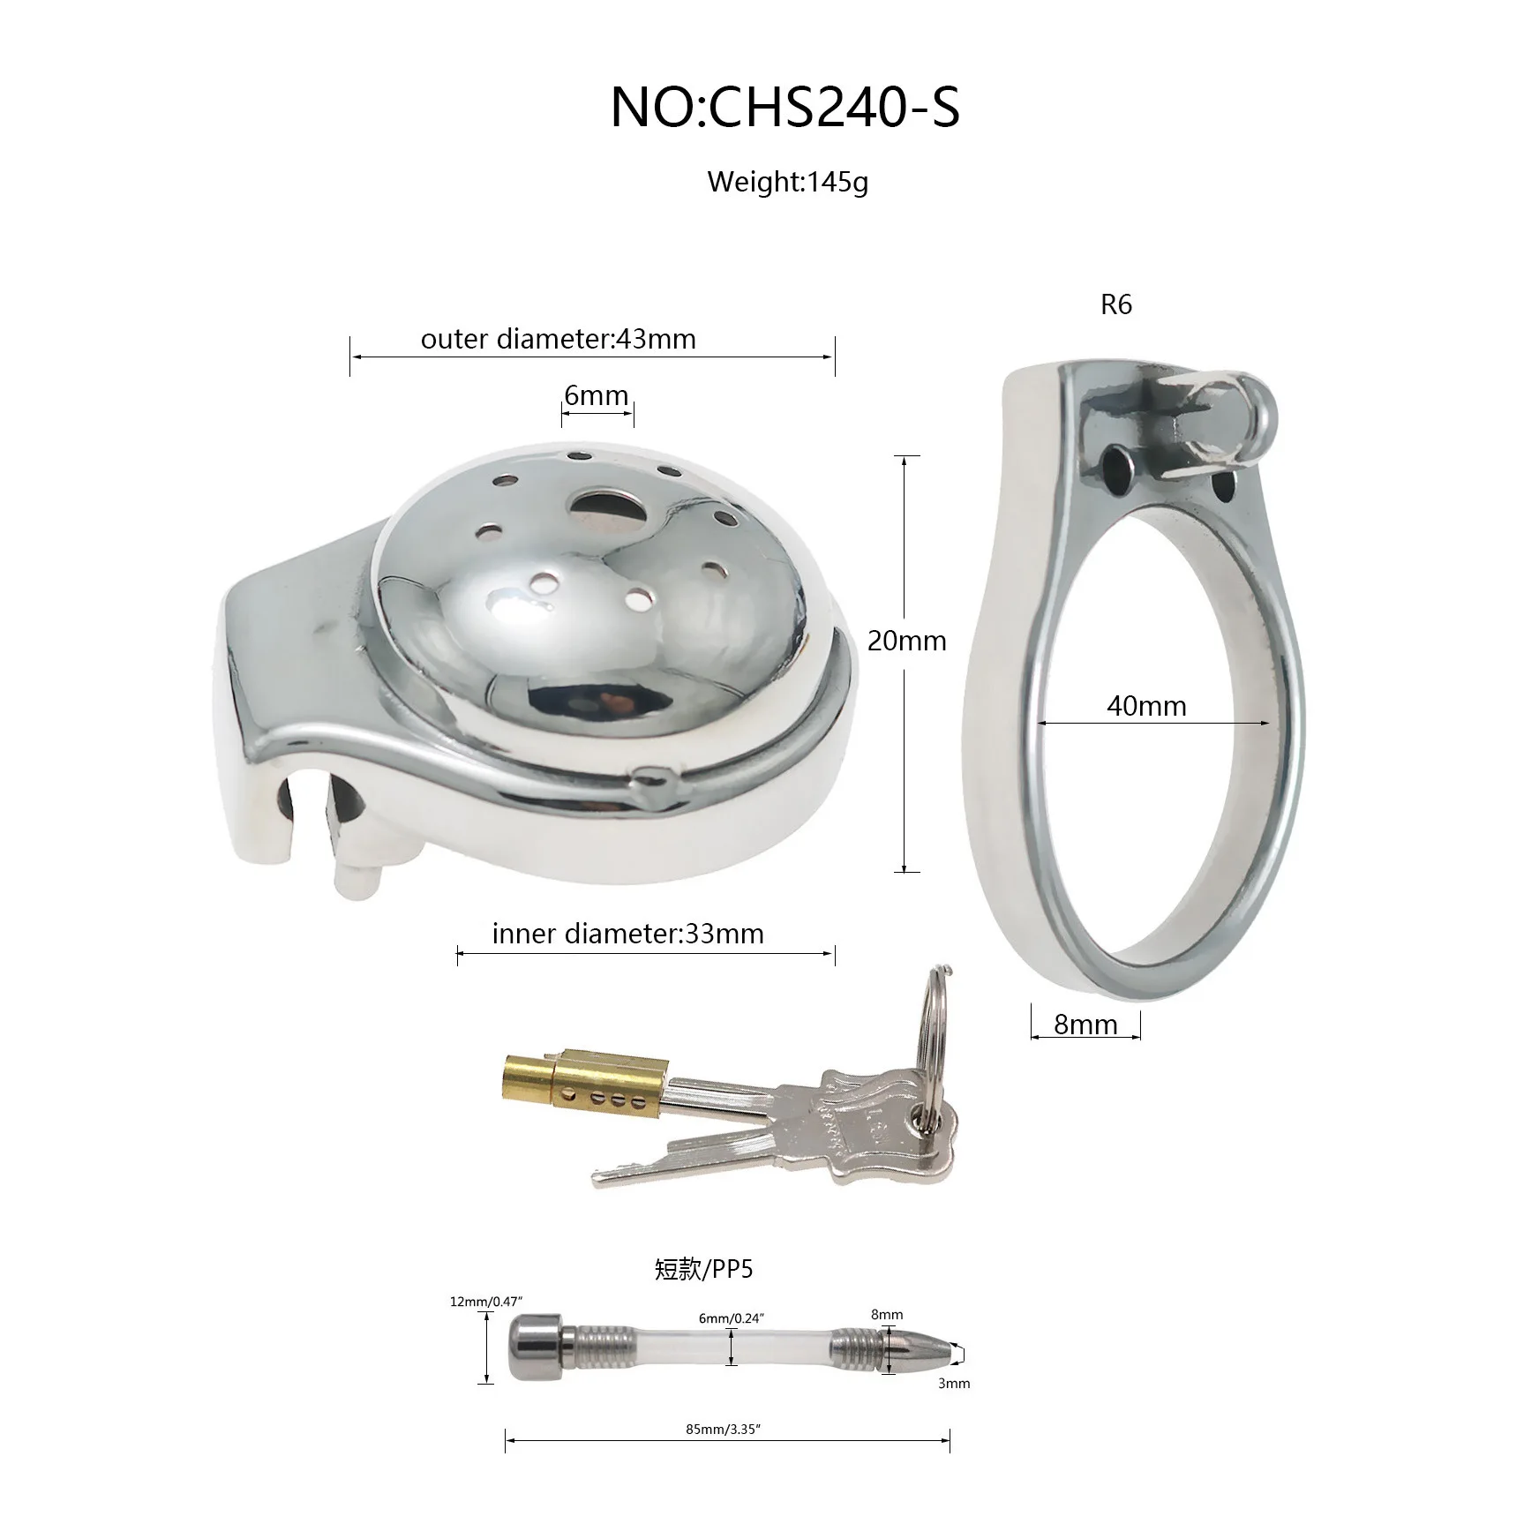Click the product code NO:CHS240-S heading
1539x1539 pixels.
tap(785, 108)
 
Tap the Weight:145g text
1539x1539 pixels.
tap(788, 183)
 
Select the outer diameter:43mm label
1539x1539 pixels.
tap(559, 339)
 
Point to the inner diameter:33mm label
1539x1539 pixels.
tap(628, 934)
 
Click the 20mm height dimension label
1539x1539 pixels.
tap(906, 641)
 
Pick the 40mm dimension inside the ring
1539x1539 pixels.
tap(1146, 706)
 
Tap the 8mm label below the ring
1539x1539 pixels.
tap(1085, 1025)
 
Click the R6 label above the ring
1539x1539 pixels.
tap(1116, 304)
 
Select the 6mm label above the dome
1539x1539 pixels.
tap(597, 395)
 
